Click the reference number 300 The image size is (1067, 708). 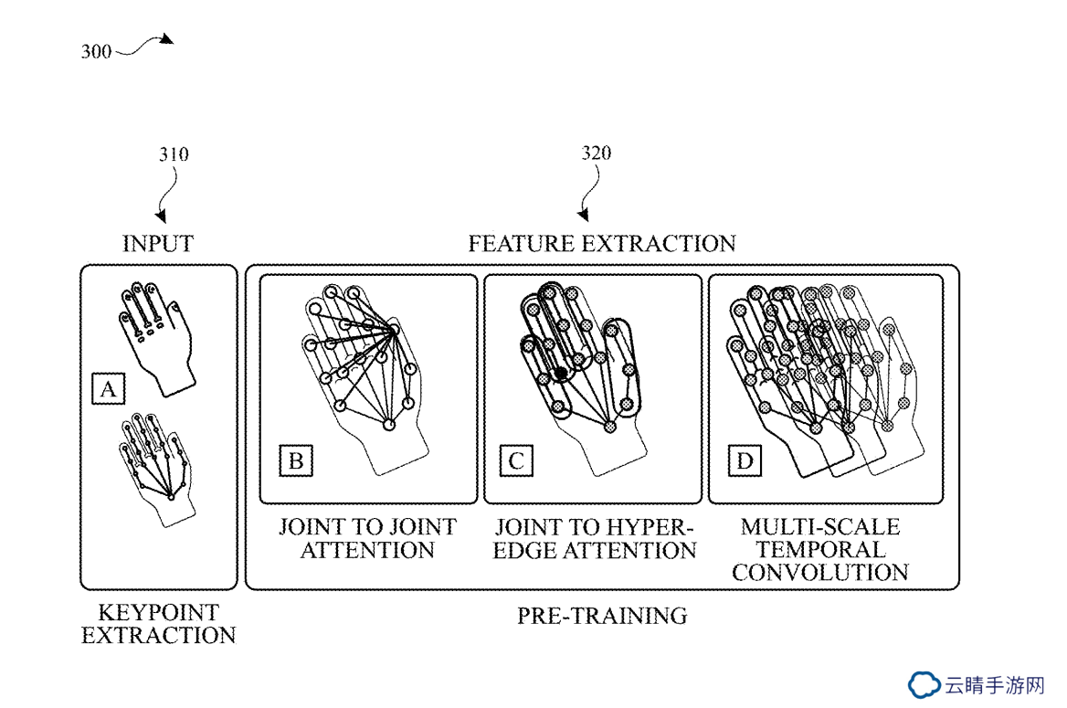point(96,52)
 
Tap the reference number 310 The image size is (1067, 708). point(174,154)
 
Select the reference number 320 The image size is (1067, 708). point(597,153)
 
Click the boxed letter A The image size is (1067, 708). point(108,389)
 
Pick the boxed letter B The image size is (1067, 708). point(296,460)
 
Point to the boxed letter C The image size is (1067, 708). point(516,460)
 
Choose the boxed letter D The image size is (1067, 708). point(745,460)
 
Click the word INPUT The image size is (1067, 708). point(158,244)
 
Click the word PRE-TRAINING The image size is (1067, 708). point(602,616)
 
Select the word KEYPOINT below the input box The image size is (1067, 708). point(159,612)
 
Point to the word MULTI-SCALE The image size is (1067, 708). point(820,526)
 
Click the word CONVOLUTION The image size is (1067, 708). point(820,572)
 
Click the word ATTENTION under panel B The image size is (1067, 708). point(367,549)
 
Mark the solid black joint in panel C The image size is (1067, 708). point(562,373)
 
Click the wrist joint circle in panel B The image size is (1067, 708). point(388,425)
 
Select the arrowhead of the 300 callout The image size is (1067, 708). point(166,39)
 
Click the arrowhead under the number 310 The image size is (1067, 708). point(162,217)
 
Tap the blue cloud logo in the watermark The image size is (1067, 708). point(924,685)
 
